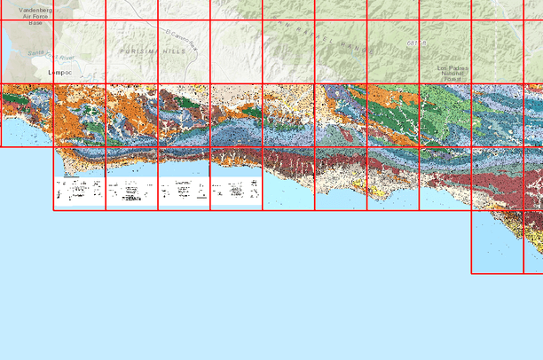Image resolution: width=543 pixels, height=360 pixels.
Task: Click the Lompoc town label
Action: coord(59,73)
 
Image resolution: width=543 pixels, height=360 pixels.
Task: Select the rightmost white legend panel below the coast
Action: coord(236,192)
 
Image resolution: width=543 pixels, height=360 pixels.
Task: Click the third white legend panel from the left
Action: coord(184,192)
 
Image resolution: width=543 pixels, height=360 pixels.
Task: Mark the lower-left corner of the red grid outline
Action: coord(54,210)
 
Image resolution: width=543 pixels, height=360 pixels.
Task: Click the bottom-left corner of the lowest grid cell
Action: coord(471,273)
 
